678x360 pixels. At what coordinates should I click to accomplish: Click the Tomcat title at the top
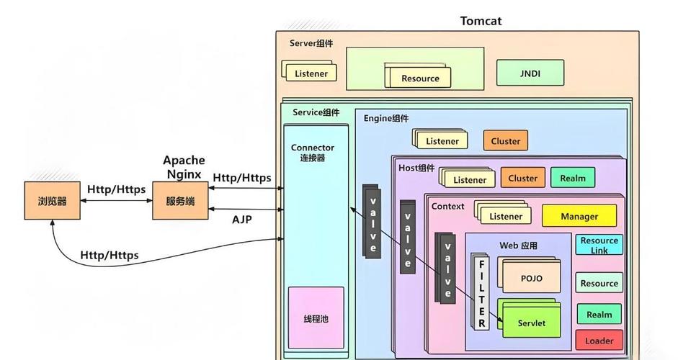(481, 21)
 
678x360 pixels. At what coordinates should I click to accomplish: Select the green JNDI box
(530, 73)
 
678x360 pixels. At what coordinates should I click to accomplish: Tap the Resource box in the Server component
(420, 78)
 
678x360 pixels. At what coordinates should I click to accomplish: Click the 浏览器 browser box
(52, 201)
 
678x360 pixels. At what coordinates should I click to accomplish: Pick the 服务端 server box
(179, 201)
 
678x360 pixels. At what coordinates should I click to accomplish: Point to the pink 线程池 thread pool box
(316, 318)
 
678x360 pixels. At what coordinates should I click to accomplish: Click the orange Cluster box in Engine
(505, 141)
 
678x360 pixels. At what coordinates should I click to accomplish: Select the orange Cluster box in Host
(522, 178)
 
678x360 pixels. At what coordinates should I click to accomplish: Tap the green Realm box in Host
(573, 178)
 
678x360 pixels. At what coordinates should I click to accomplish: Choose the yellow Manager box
(579, 216)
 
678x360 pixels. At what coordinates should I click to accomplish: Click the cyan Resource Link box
(599, 245)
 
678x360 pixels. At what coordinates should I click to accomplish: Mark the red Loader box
(599, 340)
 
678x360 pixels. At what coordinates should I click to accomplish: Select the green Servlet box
(531, 323)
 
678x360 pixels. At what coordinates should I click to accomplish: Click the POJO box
(531, 279)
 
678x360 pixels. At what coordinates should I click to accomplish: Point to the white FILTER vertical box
(481, 293)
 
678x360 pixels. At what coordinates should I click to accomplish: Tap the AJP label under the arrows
(242, 220)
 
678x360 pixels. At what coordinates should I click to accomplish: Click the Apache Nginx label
(184, 167)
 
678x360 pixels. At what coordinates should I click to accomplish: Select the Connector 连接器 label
(313, 153)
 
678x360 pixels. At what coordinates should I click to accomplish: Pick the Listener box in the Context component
(506, 216)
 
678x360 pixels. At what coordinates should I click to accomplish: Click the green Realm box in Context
(599, 314)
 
